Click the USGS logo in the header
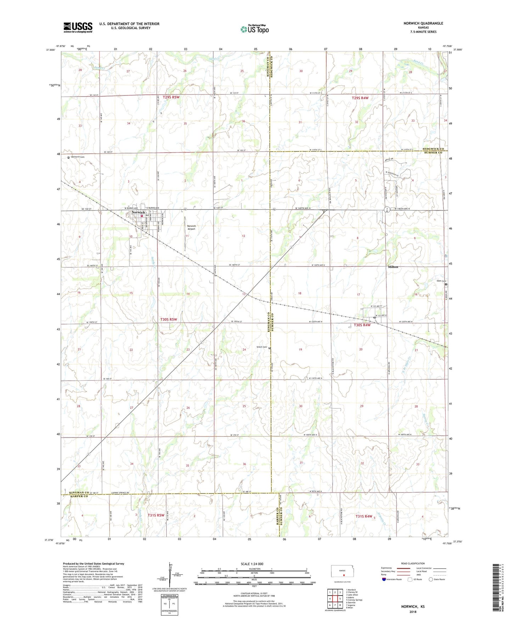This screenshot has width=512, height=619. click(78, 27)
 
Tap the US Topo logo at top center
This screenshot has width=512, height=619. click(254, 29)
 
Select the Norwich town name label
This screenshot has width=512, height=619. click(138, 212)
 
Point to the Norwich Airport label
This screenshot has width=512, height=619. click(191, 227)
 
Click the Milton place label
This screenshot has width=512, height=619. click(393, 267)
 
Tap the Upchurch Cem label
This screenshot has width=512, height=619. click(77, 157)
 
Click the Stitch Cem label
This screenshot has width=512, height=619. click(261, 347)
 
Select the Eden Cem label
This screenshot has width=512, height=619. click(441, 281)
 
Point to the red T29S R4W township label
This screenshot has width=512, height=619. click(360, 98)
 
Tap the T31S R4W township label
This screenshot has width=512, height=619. click(364, 516)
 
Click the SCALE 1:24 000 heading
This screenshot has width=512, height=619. click(252, 564)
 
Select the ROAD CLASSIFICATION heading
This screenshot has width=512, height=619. click(413, 563)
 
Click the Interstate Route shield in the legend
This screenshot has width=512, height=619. click(384, 579)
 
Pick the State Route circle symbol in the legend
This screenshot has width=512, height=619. click(431, 579)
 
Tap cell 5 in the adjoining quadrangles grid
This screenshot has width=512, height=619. click(340, 599)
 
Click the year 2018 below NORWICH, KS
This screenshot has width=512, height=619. click(413, 612)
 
